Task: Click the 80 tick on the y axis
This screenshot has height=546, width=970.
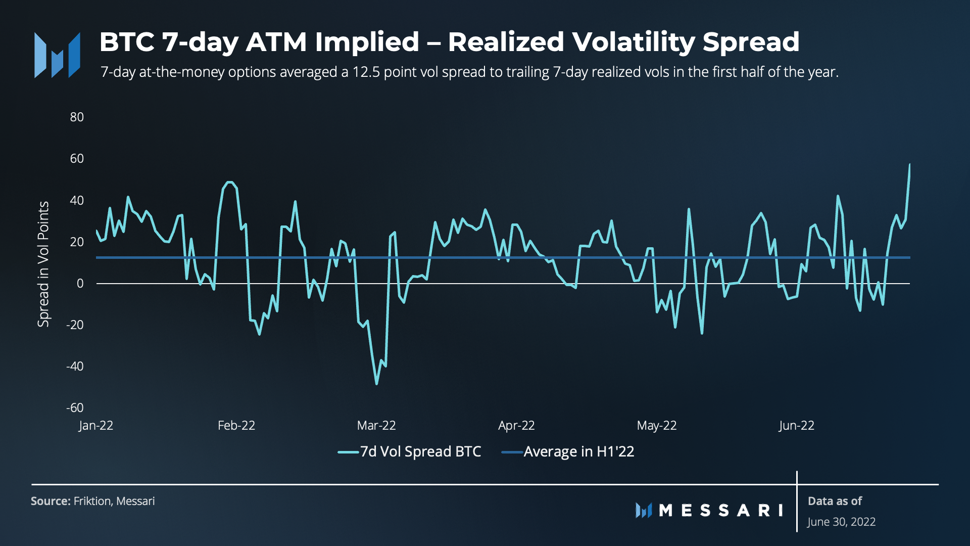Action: pyautogui.click(x=77, y=117)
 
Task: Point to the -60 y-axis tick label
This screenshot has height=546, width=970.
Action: pyautogui.click(x=75, y=407)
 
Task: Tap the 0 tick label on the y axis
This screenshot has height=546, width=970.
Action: pyautogui.click(x=80, y=284)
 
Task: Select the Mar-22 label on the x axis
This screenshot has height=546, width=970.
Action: pyautogui.click(x=376, y=426)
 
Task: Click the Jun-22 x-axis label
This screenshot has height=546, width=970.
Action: pyautogui.click(x=796, y=426)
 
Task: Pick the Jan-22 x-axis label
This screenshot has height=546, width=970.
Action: pyautogui.click(x=96, y=426)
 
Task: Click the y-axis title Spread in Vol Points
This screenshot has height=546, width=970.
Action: pyautogui.click(x=43, y=264)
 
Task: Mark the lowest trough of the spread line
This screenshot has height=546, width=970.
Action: pyautogui.click(x=376, y=384)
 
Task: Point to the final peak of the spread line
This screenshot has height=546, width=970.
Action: pyautogui.click(x=909, y=164)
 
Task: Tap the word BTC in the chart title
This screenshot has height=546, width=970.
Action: pyautogui.click(x=127, y=42)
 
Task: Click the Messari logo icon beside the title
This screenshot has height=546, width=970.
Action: pyautogui.click(x=57, y=55)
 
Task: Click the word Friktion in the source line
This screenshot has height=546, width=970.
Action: pyautogui.click(x=92, y=501)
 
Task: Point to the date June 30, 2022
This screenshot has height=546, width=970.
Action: pyautogui.click(x=841, y=522)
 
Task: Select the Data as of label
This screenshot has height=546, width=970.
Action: pyautogui.click(x=835, y=501)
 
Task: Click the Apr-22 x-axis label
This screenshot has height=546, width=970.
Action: pyautogui.click(x=516, y=426)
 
